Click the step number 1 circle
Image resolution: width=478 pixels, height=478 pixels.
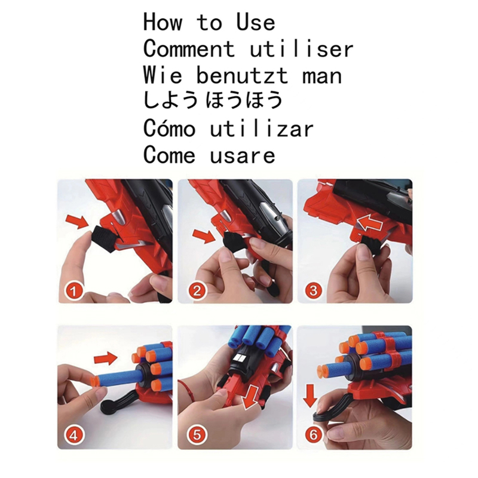click(x=73, y=292)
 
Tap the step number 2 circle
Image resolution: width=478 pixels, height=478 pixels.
click(x=197, y=292)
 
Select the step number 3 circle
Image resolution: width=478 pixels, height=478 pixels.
click(x=315, y=292)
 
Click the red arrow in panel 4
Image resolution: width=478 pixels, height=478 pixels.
click(x=106, y=358)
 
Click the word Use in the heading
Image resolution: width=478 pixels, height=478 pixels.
click(x=256, y=23)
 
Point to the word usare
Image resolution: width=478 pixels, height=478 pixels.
click(x=243, y=155)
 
